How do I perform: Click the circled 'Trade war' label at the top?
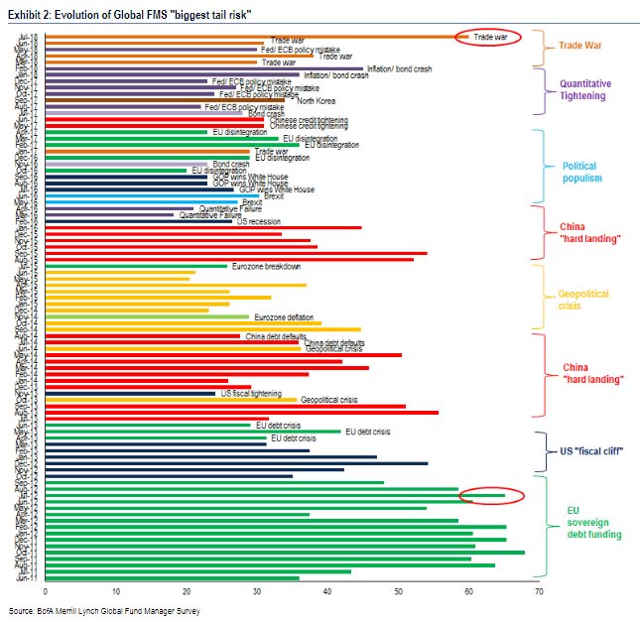tap(490, 37)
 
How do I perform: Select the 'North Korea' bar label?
tap(317, 99)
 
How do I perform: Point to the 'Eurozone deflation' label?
tap(283, 316)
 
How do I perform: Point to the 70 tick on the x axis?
tap(539, 591)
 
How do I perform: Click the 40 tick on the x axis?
tap(327, 591)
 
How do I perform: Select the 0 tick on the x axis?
tap(46, 591)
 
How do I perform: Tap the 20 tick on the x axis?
tap(187, 591)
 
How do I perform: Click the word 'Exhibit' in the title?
tap(24, 12)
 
